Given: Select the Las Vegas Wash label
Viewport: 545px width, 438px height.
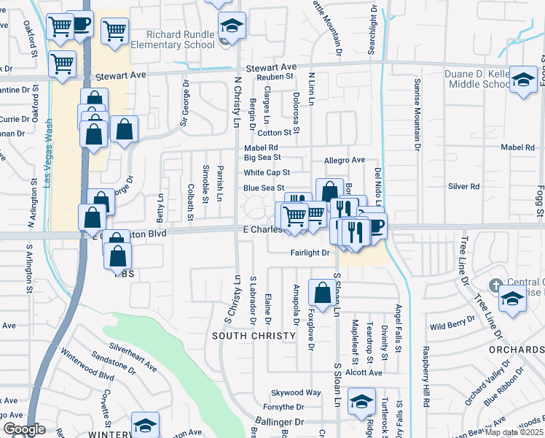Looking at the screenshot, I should pos(47,154).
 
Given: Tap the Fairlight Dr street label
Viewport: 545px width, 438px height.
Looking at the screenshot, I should pos(310,253).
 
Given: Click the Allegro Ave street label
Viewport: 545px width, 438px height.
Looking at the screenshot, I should pos(344,160).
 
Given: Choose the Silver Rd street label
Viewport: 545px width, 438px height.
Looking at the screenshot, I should pos(464,187).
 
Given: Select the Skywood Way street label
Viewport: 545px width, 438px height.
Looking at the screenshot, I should pos(296,392).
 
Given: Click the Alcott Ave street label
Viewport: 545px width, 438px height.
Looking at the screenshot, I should pos(364,372).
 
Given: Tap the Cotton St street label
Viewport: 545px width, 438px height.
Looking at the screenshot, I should pos(274,133).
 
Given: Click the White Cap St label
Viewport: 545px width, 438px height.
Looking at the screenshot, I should pos(267,173).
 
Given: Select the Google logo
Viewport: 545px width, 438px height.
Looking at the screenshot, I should pos(24,429).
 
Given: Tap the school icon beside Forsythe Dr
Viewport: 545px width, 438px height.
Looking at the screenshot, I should pos(361,401).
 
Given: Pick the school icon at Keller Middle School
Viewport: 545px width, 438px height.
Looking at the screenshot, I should pos(523,80).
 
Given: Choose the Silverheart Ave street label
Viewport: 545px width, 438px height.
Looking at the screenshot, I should pos(133,357).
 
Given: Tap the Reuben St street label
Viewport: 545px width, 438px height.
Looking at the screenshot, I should pos(279,76).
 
